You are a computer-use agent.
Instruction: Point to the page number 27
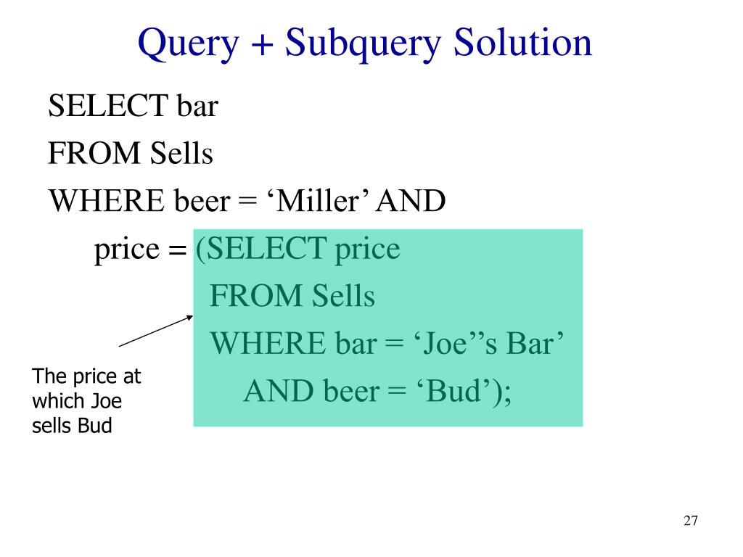[690, 521]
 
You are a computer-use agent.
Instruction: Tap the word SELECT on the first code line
[108, 106]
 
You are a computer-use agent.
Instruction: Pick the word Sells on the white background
[181, 153]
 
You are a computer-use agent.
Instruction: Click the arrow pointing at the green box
[155, 331]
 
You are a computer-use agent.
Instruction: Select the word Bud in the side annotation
[96, 426]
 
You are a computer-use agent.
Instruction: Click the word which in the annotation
[58, 401]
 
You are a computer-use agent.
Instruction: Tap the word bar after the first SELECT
[197, 106]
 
